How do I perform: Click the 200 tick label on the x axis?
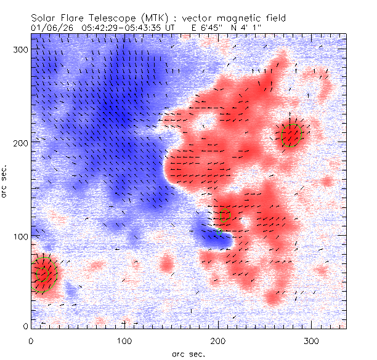pyautogui.click(x=218, y=340)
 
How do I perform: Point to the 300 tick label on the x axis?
pyautogui.click(x=312, y=340)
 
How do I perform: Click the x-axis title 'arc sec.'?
pyautogui.click(x=189, y=354)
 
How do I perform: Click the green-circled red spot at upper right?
pyautogui.click(x=291, y=135)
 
